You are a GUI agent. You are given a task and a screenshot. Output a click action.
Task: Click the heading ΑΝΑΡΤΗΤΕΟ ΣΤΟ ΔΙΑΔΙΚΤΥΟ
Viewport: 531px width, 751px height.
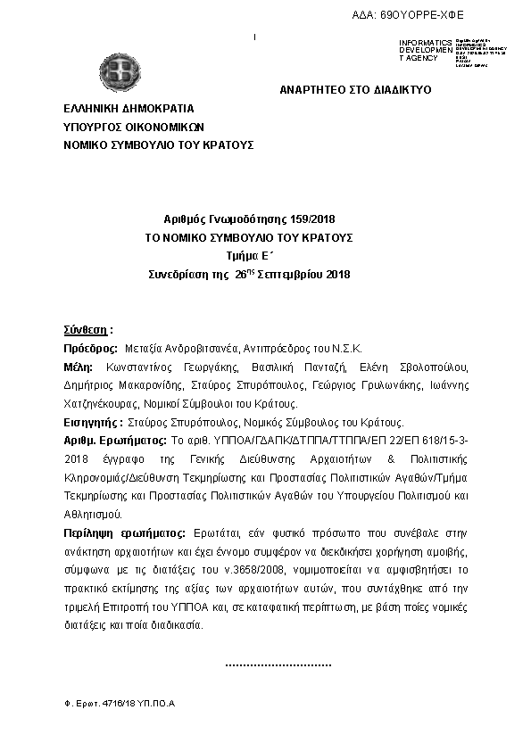(355, 91)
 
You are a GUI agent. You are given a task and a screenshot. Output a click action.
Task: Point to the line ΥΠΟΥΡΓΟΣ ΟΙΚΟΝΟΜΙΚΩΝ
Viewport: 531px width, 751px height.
(134, 126)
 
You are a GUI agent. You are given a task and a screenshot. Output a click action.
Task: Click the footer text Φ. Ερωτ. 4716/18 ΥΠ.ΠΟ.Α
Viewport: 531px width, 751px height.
(113, 704)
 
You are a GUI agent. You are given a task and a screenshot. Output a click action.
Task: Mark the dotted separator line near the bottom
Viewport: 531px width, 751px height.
(278, 664)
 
